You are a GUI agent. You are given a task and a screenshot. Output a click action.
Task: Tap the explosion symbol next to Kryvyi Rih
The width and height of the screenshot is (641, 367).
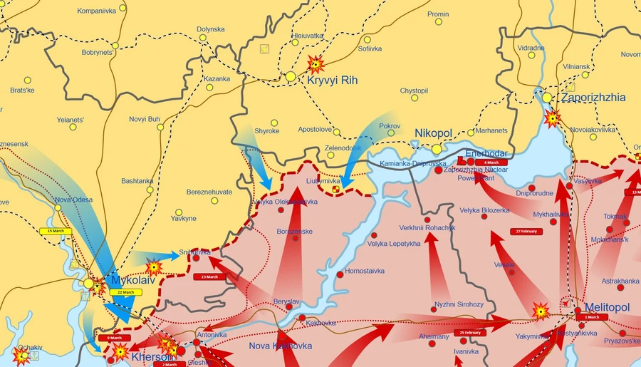pos(314,66)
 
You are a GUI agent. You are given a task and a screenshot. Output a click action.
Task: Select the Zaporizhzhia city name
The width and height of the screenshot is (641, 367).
pos(593,98)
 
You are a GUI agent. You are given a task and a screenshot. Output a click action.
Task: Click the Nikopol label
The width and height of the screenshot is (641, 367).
pos(434,133)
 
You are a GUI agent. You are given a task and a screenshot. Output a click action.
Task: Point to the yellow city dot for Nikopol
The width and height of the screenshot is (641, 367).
pos(437,149)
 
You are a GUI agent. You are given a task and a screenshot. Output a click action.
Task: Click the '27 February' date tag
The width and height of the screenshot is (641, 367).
pos(525,232)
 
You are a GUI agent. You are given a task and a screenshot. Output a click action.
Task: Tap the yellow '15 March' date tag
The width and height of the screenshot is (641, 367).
pos(55,231)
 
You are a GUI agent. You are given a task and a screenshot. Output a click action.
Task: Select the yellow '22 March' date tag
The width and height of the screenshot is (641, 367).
pos(125,293)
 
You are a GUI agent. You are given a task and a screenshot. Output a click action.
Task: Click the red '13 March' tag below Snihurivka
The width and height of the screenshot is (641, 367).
pos(209,276)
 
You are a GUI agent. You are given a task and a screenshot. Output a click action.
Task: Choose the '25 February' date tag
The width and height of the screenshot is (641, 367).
pos(471,333)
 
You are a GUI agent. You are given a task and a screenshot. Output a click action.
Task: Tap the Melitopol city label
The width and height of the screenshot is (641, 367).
pos(607,307)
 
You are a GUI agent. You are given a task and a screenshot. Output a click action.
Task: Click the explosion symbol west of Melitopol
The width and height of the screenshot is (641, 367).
pos(541,311)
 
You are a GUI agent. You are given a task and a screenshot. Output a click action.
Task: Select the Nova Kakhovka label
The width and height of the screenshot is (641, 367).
pos(281,346)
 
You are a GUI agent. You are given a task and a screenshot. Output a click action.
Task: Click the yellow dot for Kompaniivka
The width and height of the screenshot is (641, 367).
pos(123,8)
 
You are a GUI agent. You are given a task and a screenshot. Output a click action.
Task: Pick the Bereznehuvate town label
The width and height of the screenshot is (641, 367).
pos(209,192)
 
